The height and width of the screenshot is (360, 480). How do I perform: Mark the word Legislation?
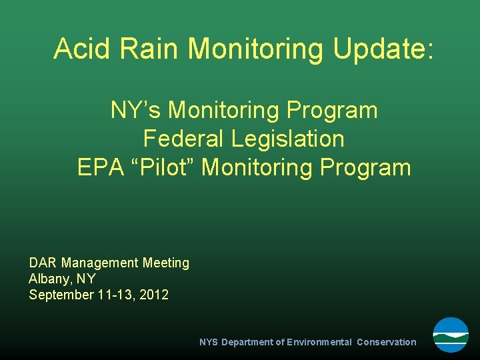[x=289, y=139]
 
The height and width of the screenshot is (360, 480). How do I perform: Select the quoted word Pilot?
[x=165, y=167]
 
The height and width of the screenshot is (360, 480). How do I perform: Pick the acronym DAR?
[x=43, y=263]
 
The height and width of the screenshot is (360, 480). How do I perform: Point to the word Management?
[x=100, y=263]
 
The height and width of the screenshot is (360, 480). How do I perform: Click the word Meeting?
[x=166, y=263]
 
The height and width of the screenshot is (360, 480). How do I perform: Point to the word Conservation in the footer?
[x=386, y=342]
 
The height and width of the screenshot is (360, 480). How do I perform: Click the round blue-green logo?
[x=451, y=335]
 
